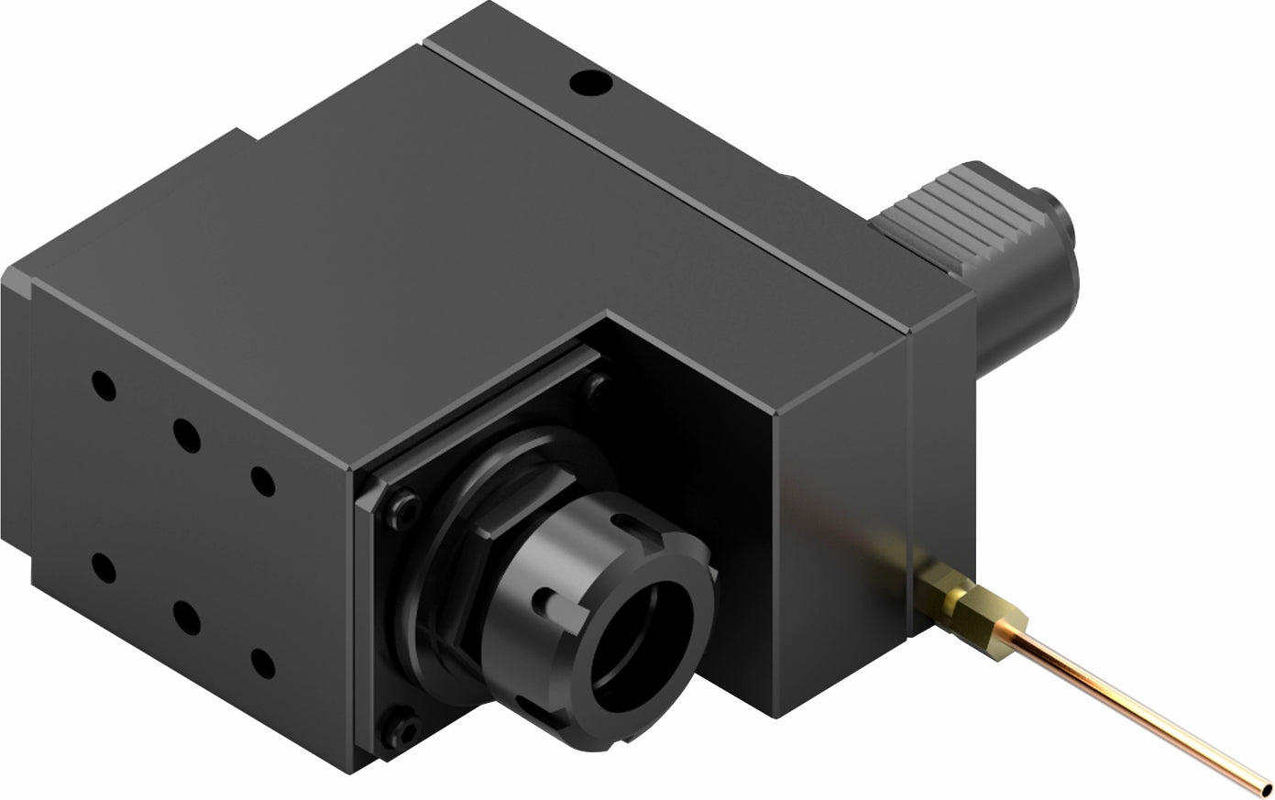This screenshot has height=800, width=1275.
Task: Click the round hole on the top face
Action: pyautogui.click(x=591, y=84)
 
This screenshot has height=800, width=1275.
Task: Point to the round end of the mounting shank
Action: pyautogui.click(x=1063, y=220)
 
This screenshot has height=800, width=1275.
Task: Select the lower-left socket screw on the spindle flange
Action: pyautogui.click(x=404, y=729)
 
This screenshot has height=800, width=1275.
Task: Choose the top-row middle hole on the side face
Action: pyautogui.click(x=186, y=435)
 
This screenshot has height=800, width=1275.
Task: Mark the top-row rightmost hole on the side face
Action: pyautogui.click(x=262, y=481)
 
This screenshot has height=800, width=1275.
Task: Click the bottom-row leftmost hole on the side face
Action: pyautogui.click(x=104, y=568)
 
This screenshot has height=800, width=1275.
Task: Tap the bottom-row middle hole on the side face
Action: pyautogui.click(x=186, y=618)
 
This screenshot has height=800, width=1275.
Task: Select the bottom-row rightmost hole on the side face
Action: pyautogui.click(x=262, y=663)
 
